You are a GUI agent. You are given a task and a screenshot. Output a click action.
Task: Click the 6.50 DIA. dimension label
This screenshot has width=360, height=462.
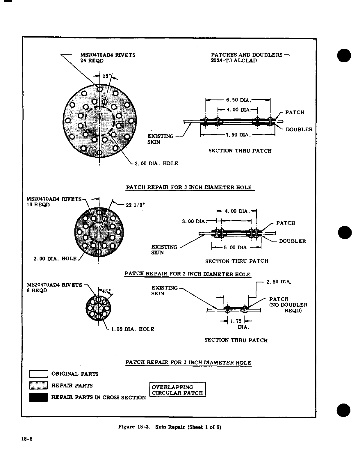pos(238,100)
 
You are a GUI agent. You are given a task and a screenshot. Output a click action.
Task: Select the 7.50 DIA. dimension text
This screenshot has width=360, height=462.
pos(238,135)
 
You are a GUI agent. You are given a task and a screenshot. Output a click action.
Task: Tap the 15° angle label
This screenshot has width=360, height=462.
pos(106,76)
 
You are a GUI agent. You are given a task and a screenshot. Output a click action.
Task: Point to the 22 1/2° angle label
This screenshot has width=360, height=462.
pos(135,205)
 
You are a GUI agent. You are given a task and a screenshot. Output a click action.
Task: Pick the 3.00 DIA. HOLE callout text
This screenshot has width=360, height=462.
pos(156,164)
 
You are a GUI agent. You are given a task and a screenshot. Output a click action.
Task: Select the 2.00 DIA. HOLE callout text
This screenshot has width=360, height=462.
pos(55,259)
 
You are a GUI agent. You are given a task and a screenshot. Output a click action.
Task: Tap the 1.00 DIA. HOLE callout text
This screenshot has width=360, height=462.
pos(133,329)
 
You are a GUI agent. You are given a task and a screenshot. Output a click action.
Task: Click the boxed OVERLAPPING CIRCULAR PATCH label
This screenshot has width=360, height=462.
pos(177,390)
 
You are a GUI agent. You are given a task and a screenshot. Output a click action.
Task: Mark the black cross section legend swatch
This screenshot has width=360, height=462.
pos(38,397)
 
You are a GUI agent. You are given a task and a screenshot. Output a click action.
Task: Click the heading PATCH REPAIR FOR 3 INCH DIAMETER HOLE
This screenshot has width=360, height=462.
pos(189,187)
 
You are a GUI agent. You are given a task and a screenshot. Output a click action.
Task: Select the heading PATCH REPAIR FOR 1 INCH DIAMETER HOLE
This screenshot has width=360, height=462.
pos(188,363)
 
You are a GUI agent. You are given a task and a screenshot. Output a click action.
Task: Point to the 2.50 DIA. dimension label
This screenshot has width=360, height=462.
pos(279,282)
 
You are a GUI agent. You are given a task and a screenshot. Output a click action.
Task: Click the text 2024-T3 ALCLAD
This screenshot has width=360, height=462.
pos(234,61)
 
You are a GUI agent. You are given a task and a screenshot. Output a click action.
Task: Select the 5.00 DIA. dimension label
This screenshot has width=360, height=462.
pos(236,248)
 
